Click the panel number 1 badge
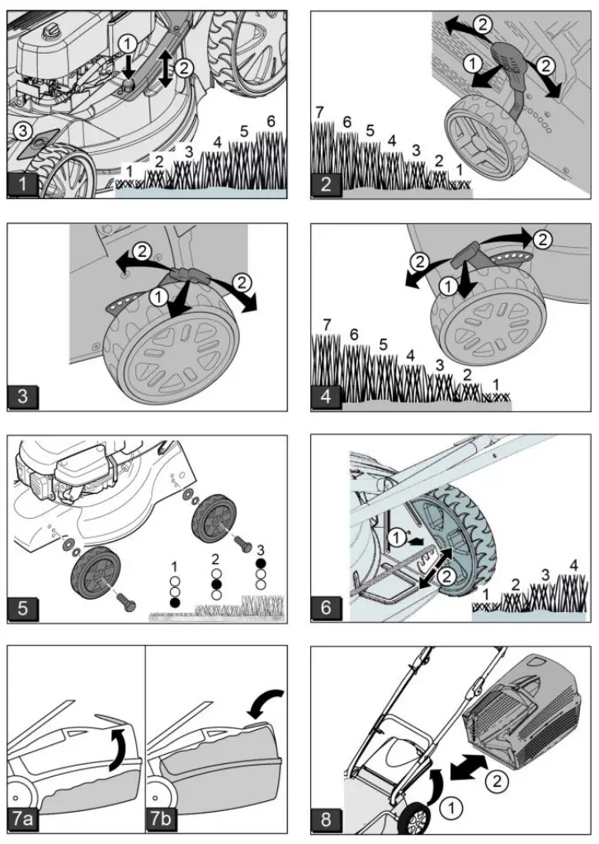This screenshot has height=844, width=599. click(22, 183)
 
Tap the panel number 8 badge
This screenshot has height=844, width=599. click(326, 820)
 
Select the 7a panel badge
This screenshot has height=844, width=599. click(23, 818)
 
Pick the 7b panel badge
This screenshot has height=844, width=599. click(161, 818)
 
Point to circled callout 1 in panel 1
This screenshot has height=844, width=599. click(127, 44)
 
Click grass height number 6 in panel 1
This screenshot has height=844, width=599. click(271, 121)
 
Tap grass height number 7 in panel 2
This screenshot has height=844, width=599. click(320, 112)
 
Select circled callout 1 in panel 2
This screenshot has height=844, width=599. click(473, 64)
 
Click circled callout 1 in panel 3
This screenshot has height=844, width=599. click(158, 296)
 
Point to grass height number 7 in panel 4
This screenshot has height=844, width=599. click(327, 325)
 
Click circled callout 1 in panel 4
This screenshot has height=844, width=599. click(448, 287)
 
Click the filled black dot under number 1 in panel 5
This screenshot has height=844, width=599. click(174, 602)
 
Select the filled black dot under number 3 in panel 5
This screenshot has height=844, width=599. click(261, 563)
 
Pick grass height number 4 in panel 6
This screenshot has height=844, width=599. click(573, 566)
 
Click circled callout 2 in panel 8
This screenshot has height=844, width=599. click(497, 780)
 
